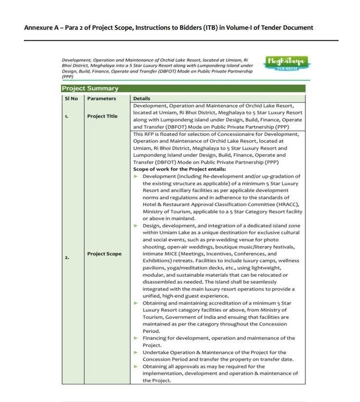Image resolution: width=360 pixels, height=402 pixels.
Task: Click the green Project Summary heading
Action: tap(90, 88)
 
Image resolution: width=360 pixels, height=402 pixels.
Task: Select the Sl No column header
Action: tap(71, 98)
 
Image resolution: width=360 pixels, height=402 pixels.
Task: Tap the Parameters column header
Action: tap(101, 98)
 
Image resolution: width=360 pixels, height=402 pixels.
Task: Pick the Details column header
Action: tap(142, 98)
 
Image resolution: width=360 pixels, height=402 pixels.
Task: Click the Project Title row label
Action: tap(102, 116)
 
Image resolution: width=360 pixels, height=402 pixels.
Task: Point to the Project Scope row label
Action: tap(104, 254)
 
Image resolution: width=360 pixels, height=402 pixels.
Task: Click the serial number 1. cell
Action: tap(67, 116)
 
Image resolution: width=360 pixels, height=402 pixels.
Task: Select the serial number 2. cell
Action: tap(67, 257)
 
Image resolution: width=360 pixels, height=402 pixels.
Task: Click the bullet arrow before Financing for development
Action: tap(136, 338)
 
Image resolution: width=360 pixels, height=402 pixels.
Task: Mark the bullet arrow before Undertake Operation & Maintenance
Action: tap(136, 352)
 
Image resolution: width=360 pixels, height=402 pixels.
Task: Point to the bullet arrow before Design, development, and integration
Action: tap(136, 226)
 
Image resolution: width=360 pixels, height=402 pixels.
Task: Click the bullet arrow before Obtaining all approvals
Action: tap(136, 366)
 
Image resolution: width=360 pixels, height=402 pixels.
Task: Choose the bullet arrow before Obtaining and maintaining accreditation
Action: tap(136, 303)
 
